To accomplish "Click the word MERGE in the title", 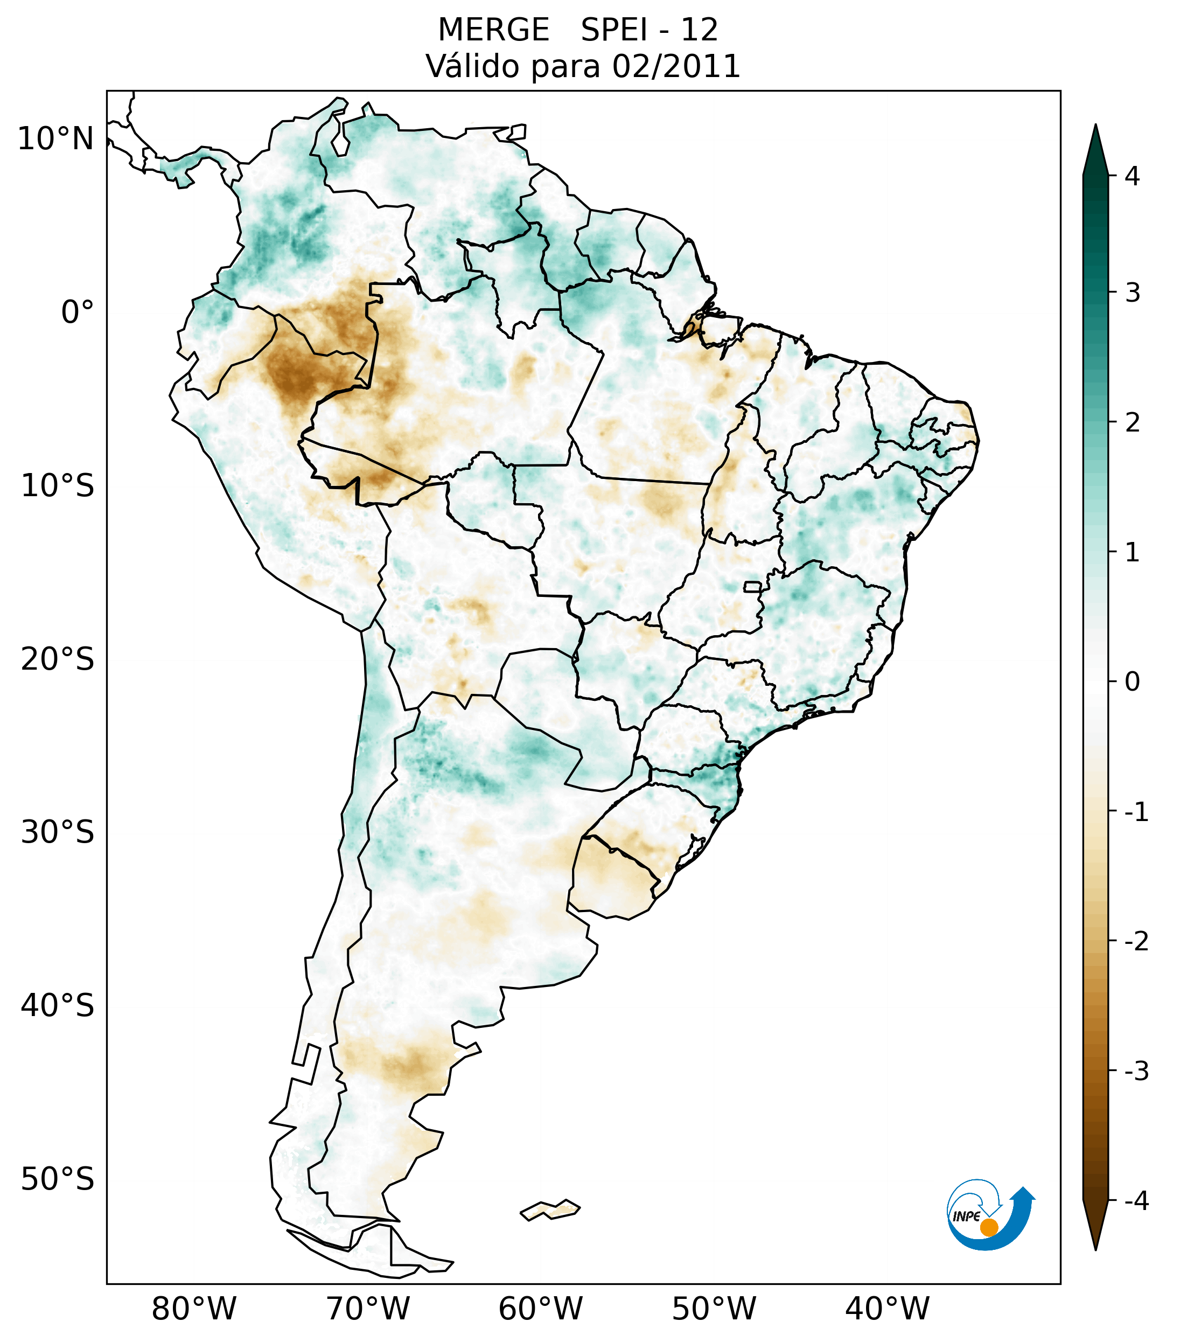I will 493,30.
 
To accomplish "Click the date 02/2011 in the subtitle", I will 676,66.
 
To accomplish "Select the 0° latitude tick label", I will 78,312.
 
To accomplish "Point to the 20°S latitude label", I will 58,659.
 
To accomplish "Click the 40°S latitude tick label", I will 58,1006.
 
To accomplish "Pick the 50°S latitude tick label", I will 58,1179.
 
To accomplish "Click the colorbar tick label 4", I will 1132,176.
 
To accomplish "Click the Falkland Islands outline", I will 550,1209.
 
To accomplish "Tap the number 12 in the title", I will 699,30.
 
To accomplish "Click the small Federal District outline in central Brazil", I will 753,586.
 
